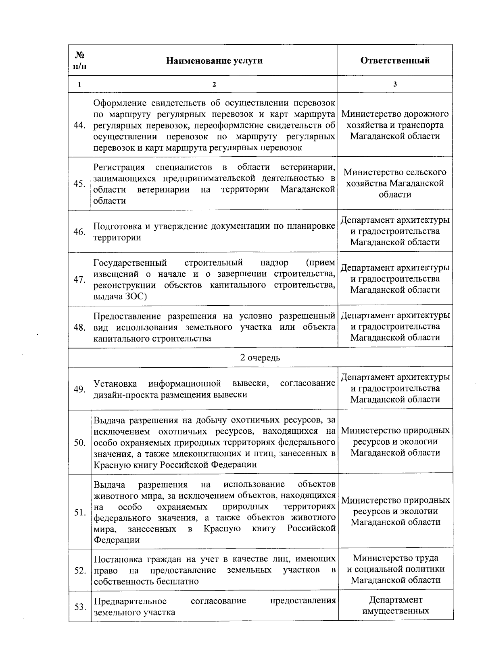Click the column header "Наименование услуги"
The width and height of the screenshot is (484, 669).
pos(214,61)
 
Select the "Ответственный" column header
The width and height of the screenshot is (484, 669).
pos(395,60)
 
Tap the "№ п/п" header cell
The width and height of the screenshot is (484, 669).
pos(79,60)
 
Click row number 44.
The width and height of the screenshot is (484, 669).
pos(79,125)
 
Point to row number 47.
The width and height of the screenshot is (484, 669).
pos(79,280)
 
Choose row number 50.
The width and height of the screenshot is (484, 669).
pos(79,443)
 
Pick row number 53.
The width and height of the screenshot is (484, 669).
pos(79,607)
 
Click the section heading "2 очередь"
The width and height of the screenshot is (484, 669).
pos(260,358)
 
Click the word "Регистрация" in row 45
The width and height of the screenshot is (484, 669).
pos(119,167)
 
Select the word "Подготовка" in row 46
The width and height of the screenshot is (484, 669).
pos(117,226)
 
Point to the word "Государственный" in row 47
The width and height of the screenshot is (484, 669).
pos(130,263)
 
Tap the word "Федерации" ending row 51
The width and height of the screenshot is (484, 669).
pos(117,540)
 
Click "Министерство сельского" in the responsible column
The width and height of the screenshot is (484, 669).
pos(395,172)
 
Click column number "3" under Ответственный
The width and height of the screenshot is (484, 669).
pos(395,84)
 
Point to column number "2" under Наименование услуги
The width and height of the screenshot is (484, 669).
pos(214,84)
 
